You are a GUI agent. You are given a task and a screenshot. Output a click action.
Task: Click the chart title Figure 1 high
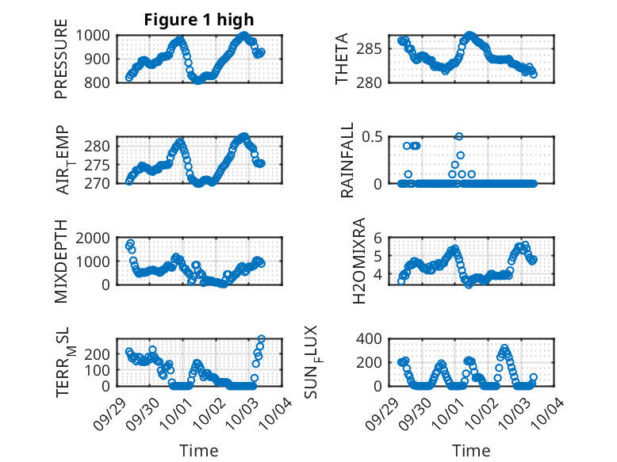pos(198,20)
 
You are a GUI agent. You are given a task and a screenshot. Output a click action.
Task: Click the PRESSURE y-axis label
pos(61,65)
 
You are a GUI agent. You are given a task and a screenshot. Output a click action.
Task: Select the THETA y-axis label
pos(342,59)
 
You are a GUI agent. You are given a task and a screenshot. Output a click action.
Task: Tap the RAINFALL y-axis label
pos(347,160)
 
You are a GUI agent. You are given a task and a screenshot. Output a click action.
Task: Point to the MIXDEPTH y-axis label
pos(61,262)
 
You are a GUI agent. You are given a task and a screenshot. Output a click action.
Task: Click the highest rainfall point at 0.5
pos(459,136)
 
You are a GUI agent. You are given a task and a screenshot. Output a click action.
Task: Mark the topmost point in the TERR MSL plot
pos(261,339)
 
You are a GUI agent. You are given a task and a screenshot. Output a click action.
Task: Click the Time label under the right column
pos(472,450)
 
